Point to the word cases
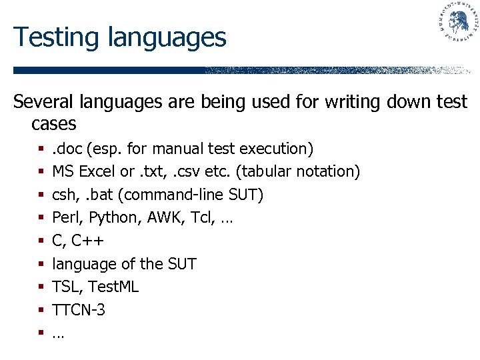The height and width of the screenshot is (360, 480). (x=53, y=124)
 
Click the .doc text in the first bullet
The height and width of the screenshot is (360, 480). (x=67, y=148)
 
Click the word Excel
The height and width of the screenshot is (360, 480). (x=97, y=171)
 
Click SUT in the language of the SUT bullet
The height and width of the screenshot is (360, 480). (x=181, y=264)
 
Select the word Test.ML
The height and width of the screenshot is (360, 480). (x=115, y=287)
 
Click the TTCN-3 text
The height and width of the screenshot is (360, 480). (x=79, y=310)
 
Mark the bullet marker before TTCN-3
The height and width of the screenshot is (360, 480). (x=41, y=311)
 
